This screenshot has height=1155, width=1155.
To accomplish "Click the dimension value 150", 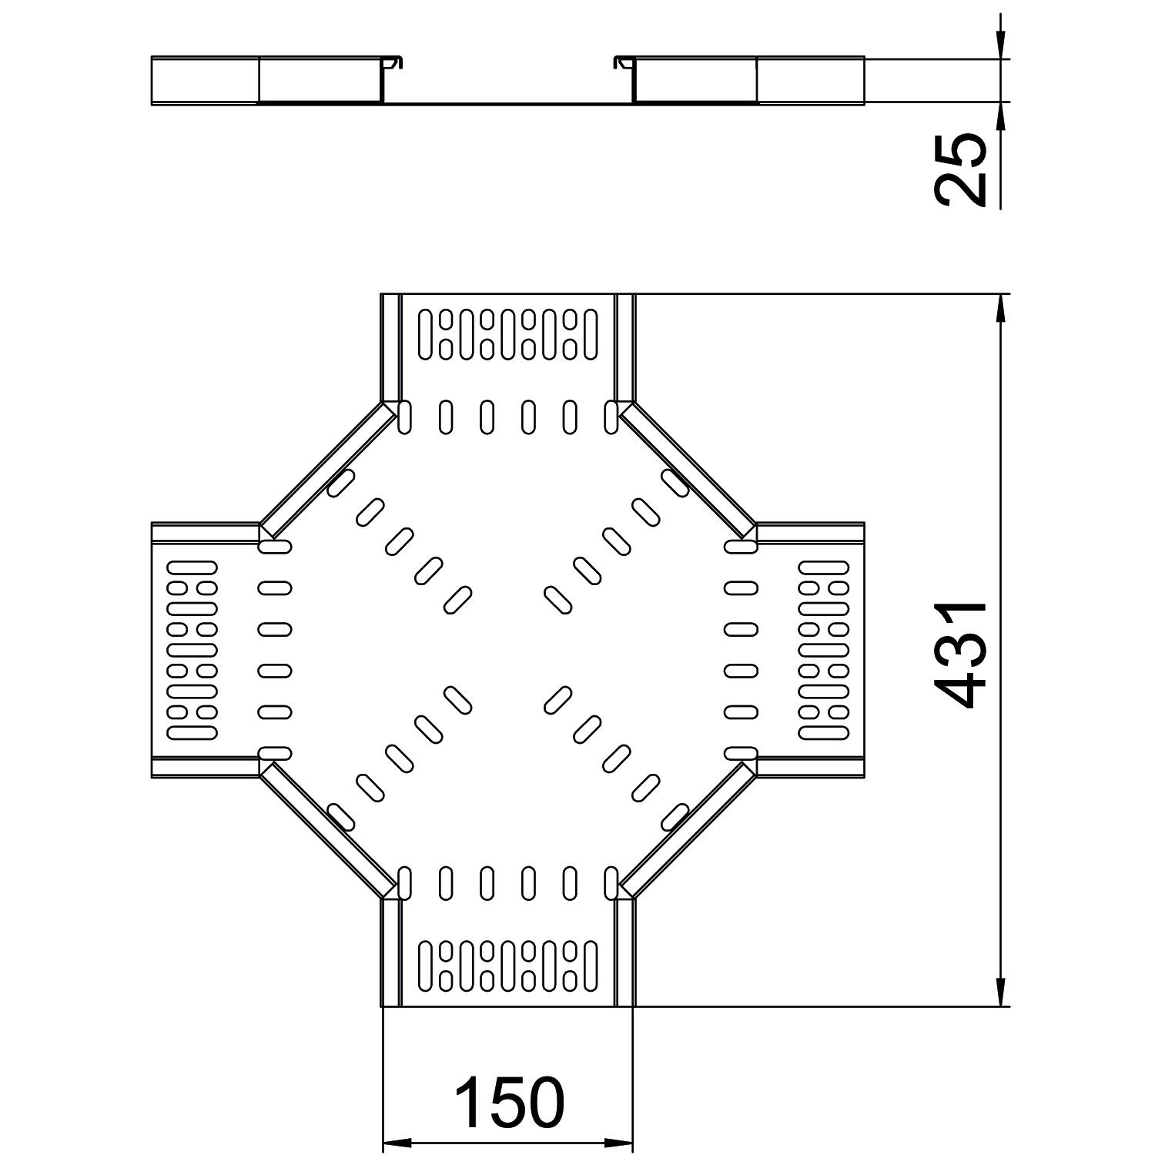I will click(509, 1103).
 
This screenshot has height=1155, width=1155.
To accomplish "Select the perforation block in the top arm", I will click(508, 334).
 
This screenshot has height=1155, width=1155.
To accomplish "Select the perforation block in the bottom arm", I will click(508, 966).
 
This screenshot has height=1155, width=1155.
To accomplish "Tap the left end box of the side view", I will click(205, 80).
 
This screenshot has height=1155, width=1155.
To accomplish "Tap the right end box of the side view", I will click(810, 80).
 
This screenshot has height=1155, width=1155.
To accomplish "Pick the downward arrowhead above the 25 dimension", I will click(1000, 48).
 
